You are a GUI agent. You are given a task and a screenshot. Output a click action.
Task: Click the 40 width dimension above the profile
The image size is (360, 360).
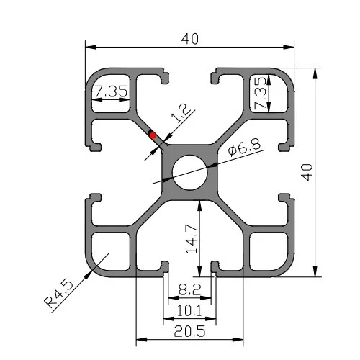190,40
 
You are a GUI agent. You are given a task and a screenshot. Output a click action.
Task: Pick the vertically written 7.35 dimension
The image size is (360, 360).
261,91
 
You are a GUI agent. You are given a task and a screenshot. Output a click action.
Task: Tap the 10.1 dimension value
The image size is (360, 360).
189,311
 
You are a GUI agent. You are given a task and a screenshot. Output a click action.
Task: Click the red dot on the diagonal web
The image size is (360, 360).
152,134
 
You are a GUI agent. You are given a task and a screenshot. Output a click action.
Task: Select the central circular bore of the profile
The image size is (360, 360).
190,171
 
